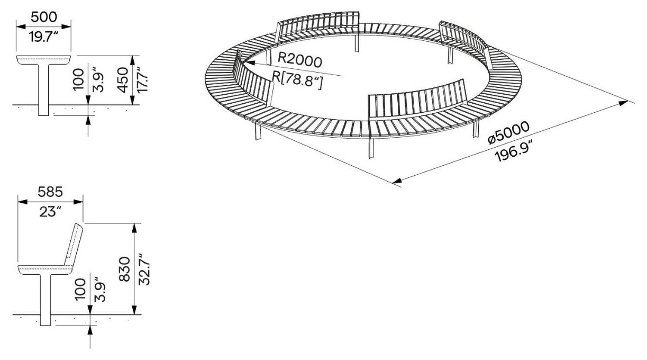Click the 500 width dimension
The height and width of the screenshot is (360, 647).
[x=44, y=17]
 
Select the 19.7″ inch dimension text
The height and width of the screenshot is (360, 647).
[x=43, y=37]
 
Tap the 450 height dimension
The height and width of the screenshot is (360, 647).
[x=123, y=80]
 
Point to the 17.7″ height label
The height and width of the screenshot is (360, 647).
[x=142, y=80]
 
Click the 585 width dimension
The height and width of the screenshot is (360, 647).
[x=50, y=192]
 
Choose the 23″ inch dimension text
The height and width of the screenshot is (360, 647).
[x=51, y=212]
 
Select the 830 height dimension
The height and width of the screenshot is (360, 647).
[x=125, y=269]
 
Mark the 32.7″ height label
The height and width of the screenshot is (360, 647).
[x=144, y=269]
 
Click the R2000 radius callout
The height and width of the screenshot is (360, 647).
[x=299, y=60]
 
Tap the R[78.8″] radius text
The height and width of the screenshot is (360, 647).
[x=297, y=80]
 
